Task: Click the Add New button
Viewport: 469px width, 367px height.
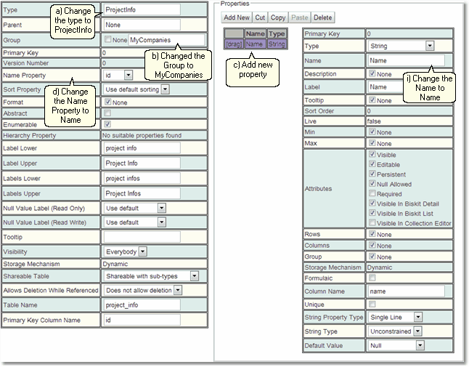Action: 237,17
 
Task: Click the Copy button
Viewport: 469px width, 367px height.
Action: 278,17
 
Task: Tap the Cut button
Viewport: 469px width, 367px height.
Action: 260,17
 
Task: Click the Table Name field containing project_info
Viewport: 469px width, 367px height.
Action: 142,305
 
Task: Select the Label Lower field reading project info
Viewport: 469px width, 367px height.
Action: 142,148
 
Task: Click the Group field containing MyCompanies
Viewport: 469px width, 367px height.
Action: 166,40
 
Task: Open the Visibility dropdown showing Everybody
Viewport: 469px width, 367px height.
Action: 125,251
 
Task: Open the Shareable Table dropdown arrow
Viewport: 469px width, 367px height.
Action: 195,276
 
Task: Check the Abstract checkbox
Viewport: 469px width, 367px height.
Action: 107,113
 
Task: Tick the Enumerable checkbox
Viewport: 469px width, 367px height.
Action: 107,124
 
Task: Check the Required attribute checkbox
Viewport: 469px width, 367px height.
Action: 372,193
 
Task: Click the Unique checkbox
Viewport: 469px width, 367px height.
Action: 372,304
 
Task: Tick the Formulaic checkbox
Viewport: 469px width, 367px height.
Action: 372,278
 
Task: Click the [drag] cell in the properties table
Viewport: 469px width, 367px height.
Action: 234,44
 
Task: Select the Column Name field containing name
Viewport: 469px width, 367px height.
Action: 406,291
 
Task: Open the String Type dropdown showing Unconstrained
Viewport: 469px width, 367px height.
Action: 395,331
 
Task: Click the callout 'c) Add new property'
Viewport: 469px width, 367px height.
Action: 253,70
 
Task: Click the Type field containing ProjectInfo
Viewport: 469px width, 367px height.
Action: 142,10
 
